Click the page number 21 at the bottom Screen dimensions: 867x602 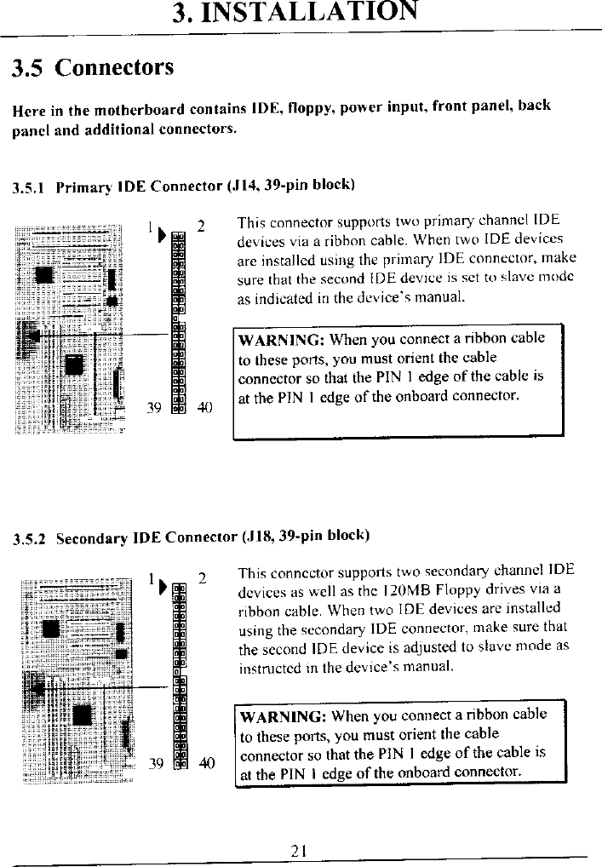coord(298,849)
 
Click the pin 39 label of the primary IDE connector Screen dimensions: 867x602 coord(155,407)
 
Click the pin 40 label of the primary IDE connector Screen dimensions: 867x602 coord(204,407)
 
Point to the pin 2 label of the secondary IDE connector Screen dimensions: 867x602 coord(202,578)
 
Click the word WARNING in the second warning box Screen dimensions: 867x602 coord(284,715)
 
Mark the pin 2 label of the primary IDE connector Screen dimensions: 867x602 coord(201,227)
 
